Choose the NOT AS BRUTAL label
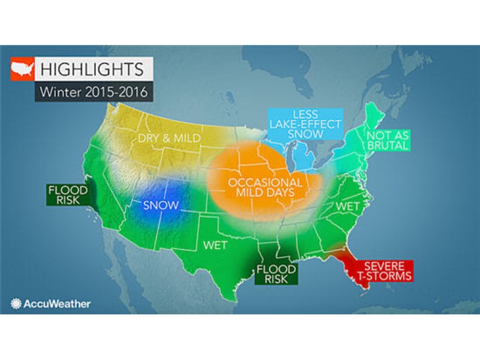tap(388, 139)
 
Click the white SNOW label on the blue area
tap(160, 205)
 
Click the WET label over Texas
tap(214, 245)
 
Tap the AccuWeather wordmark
tap(57, 304)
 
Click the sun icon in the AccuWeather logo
tap(16, 304)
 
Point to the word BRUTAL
tap(388, 145)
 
